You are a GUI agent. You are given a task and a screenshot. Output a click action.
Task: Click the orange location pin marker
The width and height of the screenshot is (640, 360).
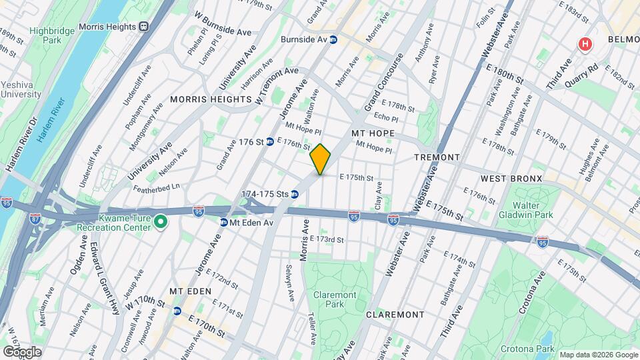pyautogui.click(x=321, y=159)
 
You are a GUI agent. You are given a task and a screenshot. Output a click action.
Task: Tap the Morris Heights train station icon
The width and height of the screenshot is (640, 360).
pyautogui.click(x=143, y=26)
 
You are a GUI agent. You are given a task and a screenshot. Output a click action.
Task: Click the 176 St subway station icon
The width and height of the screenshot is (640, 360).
pyautogui.click(x=270, y=141)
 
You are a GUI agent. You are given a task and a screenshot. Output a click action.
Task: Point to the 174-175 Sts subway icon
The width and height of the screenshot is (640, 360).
pyautogui.click(x=294, y=195)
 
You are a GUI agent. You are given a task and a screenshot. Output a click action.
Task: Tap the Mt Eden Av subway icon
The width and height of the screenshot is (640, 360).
pyautogui.click(x=224, y=222)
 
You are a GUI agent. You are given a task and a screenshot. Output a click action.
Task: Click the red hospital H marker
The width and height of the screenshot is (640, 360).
pyautogui.click(x=585, y=44)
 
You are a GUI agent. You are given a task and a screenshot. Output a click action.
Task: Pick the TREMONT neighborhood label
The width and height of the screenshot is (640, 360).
pyautogui.click(x=437, y=157)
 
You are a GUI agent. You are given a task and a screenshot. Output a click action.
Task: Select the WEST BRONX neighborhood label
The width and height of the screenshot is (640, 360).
pyautogui.click(x=511, y=179)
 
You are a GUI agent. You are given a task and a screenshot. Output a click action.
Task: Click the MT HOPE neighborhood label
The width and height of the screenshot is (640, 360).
pyautogui.click(x=373, y=134)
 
